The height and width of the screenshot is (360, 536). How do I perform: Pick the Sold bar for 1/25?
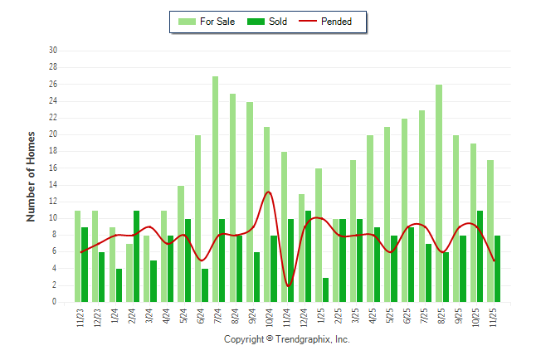(325, 289)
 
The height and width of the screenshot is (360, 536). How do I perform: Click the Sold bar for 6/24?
(205, 285)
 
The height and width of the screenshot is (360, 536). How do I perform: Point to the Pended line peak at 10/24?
(268, 192)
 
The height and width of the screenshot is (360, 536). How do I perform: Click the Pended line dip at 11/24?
(288, 285)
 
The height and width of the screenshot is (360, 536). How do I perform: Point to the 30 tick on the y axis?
(52, 51)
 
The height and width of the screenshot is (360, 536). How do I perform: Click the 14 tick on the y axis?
(52, 185)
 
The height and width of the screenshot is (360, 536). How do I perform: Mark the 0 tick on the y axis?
(54, 303)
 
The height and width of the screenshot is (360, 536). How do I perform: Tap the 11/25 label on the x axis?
(493, 319)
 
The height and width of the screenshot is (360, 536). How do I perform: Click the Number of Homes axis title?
(32, 176)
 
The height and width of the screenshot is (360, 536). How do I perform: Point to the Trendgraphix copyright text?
(287, 339)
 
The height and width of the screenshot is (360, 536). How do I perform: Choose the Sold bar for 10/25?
(480, 256)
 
